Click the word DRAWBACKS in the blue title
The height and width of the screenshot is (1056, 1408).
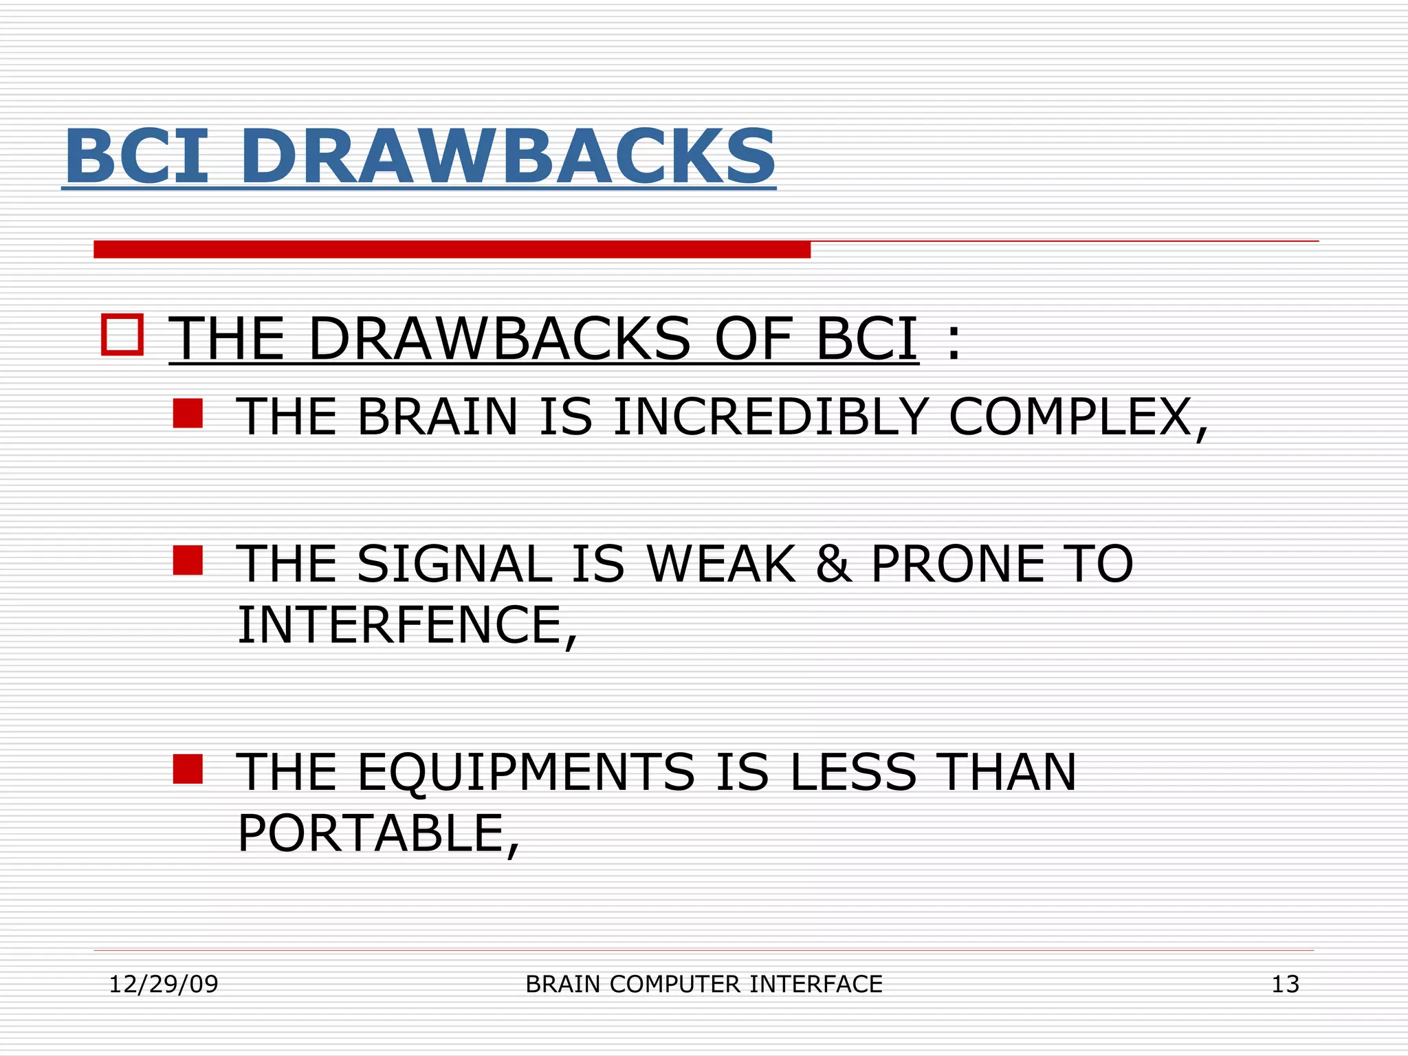pos(507,157)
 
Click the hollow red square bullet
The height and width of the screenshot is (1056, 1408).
pos(122,335)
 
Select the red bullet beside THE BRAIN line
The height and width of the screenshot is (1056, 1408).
pos(188,414)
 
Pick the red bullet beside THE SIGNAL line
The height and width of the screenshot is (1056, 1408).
pos(188,560)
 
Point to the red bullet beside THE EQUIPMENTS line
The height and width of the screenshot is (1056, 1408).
pos(188,769)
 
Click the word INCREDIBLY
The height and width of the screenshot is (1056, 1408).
pos(771,417)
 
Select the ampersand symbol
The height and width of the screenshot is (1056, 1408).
pos(833,564)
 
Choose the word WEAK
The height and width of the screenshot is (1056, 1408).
pos(720,564)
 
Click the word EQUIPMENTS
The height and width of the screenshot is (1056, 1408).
pos(526,773)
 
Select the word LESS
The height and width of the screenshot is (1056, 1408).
pos(852,773)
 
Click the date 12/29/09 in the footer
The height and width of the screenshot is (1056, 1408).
pos(164,984)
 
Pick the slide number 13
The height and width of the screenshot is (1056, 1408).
pos(1285,984)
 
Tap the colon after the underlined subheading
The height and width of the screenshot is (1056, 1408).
pos(953,339)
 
